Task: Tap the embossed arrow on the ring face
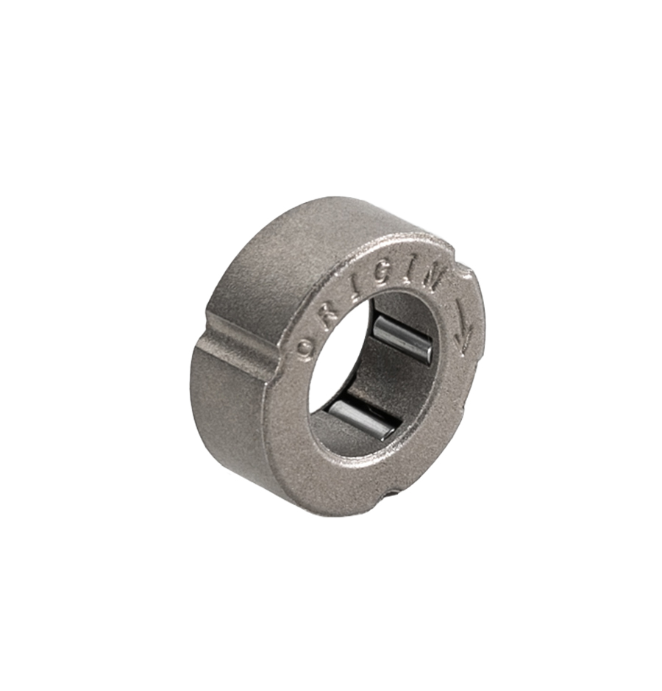tap(463, 325)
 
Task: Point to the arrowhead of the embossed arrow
tap(462, 344)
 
